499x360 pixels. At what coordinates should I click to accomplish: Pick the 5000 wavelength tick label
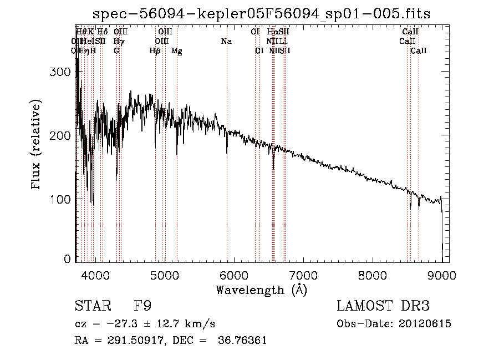click(x=165, y=273)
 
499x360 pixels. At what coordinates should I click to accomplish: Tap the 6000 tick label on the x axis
click(x=234, y=273)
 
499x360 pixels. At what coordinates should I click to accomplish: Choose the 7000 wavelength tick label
click(x=303, y=273)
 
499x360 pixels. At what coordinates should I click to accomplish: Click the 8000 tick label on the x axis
click(x=373, y=273)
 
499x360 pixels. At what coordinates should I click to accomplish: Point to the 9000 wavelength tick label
click(x=441, y=273)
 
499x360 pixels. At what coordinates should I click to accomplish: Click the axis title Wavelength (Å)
click(x=261, y=289)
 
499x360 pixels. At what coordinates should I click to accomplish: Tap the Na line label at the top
click(x=226, y=41)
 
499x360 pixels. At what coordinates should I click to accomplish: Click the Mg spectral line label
click(x=177, y=51)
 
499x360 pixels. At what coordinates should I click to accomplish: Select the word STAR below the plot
click(x=92, y=306)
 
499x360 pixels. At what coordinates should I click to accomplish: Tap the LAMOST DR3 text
click(x=383, y=306)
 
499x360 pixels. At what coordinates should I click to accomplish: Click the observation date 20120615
click(x=427, y=323)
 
